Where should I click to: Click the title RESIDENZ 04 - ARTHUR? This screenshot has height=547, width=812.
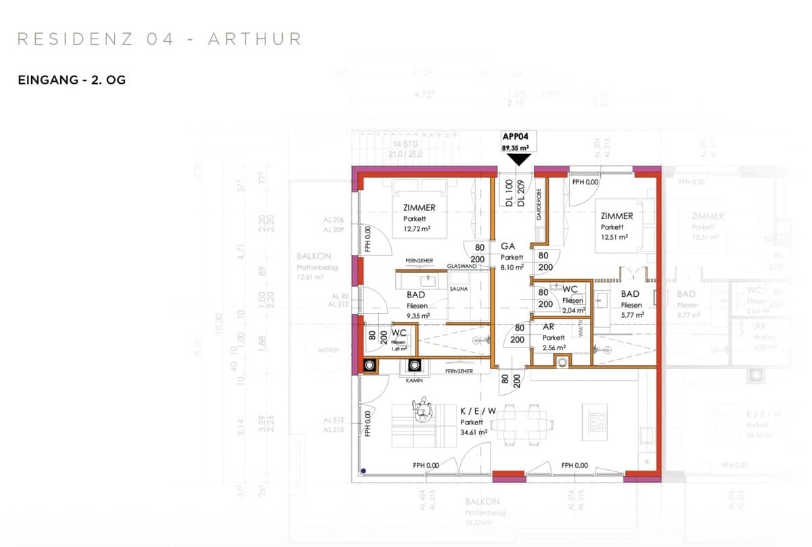tap(159, 39)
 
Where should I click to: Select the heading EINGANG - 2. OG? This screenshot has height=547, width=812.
tap(72, 80)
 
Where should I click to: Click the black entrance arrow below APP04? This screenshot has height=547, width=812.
tap(519, 159)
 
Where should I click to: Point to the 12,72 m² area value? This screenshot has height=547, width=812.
tap(417, 229)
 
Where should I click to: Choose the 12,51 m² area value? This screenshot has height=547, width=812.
tap(614, 237)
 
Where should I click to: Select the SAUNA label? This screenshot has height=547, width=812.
tap(459, 289)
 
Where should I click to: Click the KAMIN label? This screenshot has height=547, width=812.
tap(415, 381)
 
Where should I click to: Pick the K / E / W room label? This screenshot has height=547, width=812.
tap(478, 411)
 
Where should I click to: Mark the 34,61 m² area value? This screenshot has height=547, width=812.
tap(474, 432)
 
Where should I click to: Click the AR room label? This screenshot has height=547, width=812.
tap(549, 327)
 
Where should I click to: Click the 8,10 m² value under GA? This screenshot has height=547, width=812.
tap(512, 267)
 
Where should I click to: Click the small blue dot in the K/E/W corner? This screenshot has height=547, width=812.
tap(363, 471)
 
